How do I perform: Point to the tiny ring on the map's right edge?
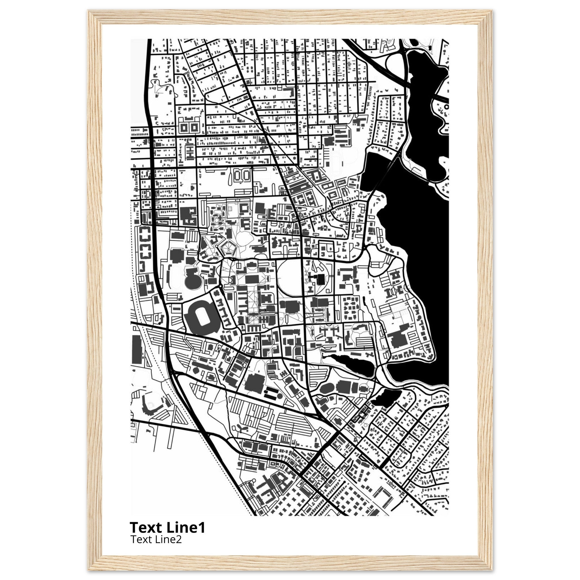(446, 106)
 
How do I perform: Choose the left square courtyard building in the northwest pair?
(184, 128)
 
